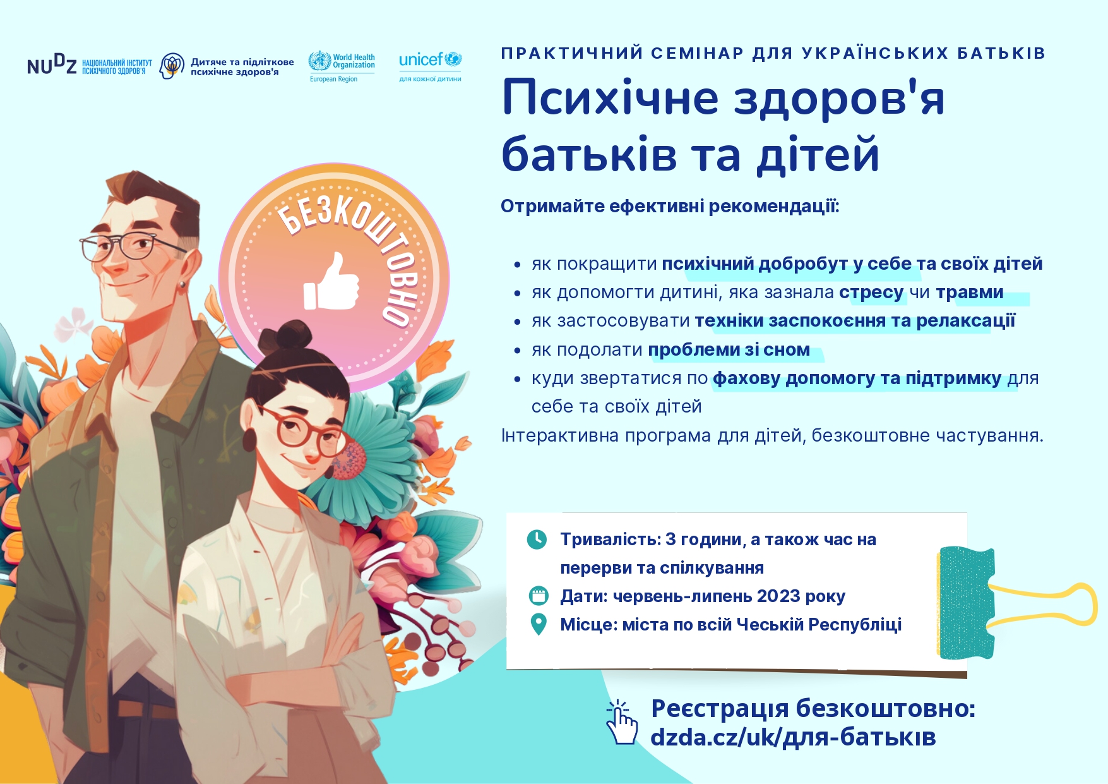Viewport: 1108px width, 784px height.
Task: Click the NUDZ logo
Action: [x=89, y=65]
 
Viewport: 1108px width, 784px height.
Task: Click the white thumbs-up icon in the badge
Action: [x=331, y=282]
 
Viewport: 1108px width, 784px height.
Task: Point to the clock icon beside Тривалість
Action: [x=537, y=540]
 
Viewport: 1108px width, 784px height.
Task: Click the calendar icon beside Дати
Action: [x=538, y=596]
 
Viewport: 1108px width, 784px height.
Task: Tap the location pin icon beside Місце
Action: [x=539, y=624]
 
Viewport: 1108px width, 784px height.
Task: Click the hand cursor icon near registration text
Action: [x=621, y=722]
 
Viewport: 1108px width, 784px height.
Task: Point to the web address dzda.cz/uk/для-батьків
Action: [x=793, y=737]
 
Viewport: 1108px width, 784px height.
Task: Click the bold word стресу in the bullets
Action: [x=871, y=292]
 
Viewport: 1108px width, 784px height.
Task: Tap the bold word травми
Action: [x=970, y=292]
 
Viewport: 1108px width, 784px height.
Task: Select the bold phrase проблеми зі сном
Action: [x=729, y=349]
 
